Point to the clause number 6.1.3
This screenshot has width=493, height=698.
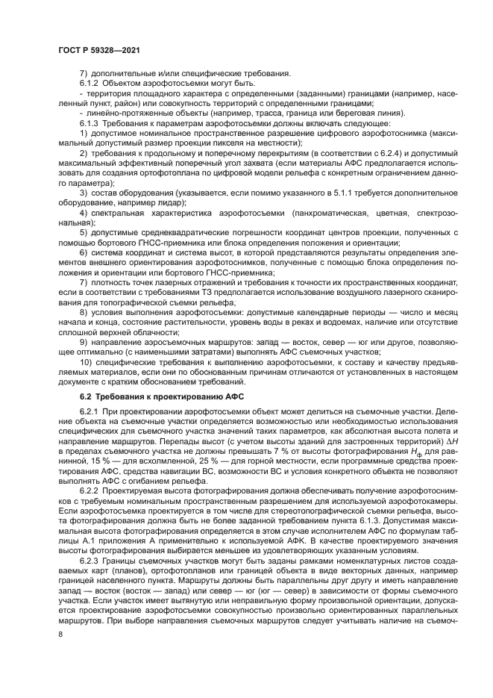(90, 122)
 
